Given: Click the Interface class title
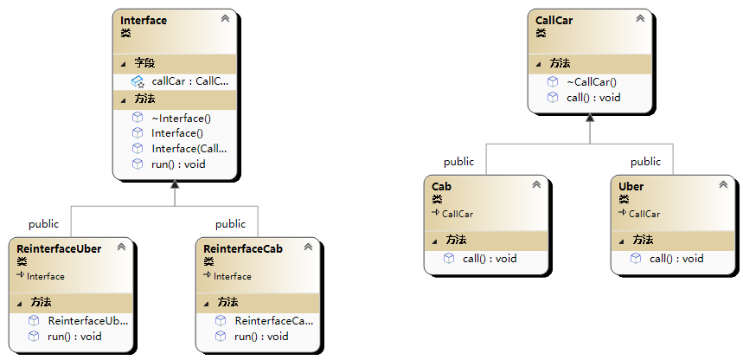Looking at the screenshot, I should point(144,20).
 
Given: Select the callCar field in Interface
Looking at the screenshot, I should point(189,81).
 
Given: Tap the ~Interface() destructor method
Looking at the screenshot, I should point(181,118).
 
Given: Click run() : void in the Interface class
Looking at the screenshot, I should point(178,164).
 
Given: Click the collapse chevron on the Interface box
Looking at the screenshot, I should point(225,18).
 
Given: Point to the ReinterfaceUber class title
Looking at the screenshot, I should point(59,248).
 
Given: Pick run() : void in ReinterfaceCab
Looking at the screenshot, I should point(261,337).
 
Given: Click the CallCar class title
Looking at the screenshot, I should point(554,20).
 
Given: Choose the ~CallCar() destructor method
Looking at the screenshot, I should point(592,81).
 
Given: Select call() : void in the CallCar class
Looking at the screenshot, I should point(593,97).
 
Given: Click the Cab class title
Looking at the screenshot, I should point(441,186).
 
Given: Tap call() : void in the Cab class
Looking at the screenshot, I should point(490,258).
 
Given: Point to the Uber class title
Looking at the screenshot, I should point(631,186).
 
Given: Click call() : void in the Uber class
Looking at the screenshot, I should point(676,258).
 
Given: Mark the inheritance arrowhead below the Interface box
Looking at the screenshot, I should point(175,184).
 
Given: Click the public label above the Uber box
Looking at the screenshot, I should point(645,162).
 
